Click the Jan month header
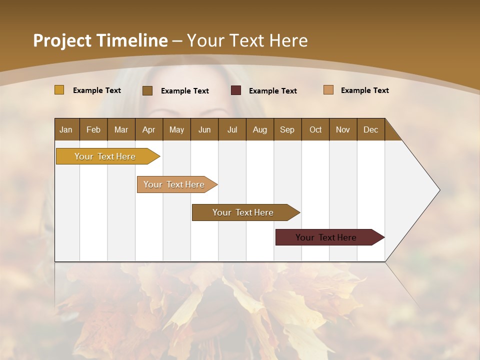[66, 129]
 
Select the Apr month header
[148, 129]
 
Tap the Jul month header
[232, 129]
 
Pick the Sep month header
[287, 129]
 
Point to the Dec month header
[370, 129]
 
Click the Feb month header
[93, 129]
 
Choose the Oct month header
[315, 129]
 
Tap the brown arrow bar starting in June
[243, 212]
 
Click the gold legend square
[59, 90]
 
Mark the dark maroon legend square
[236, 90]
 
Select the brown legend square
[147, 90]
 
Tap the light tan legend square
[328, 90]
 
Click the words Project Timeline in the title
[100, 40]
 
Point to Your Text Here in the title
[247, 40]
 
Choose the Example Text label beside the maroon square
[272, 91]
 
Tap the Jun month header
[204, 129]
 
